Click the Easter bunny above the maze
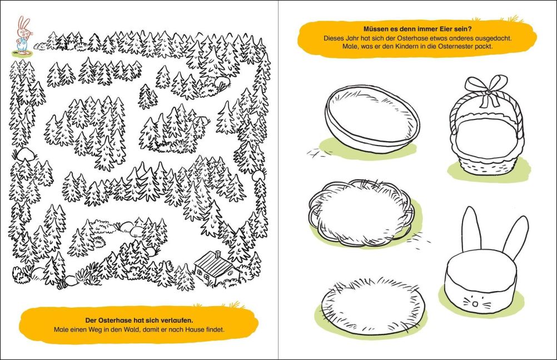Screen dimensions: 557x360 coord(24,35)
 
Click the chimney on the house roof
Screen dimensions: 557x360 coord(218,254)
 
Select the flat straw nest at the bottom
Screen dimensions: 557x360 coord(374,306)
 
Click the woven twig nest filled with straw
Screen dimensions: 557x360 coord(361,213)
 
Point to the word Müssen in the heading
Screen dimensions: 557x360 coord(375,29)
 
